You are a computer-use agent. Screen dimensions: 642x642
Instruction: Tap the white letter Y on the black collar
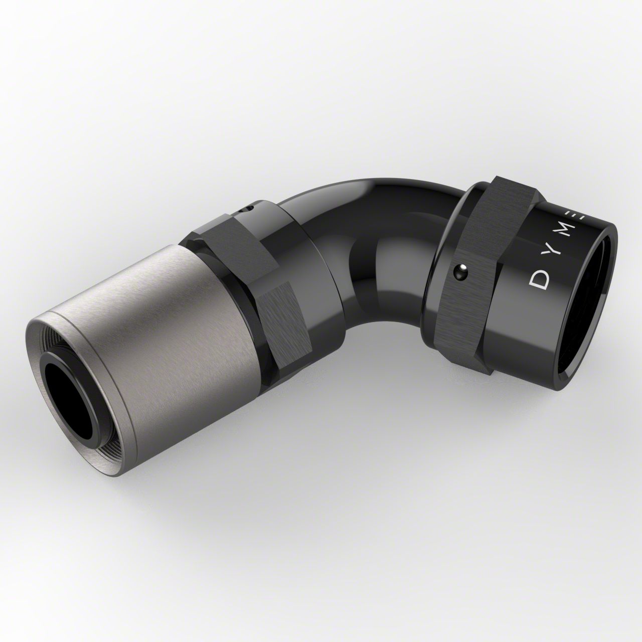(554, 251)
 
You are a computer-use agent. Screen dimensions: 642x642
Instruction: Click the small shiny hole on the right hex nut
(457, 272)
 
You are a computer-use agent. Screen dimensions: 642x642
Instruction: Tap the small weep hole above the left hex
(247, 209)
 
